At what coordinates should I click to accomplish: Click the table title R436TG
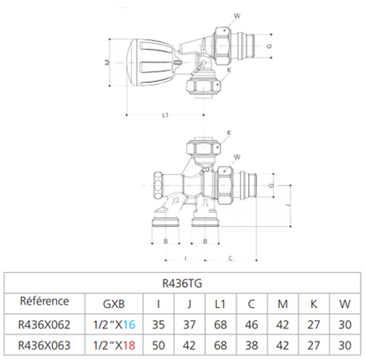183,285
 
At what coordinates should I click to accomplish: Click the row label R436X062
45,324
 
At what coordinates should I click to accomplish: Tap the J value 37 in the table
189,324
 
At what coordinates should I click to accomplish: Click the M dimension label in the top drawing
107,62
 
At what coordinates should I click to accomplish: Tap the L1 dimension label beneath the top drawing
165,115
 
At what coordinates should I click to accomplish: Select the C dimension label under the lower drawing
231,258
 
